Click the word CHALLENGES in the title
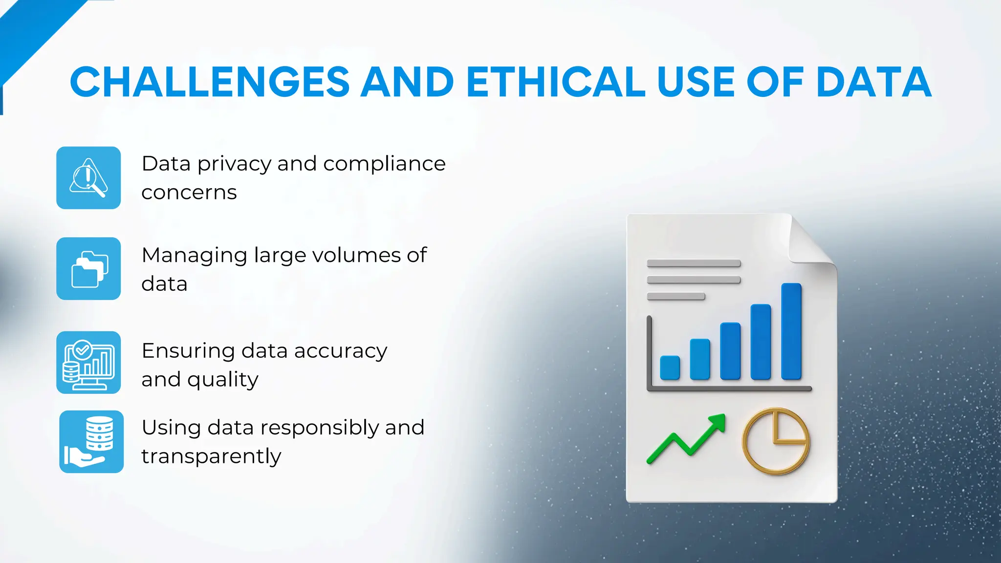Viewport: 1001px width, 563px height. tap(210, 82)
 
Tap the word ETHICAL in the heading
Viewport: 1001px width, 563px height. tap(556, 82)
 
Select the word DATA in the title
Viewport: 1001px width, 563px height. tap(873, 82)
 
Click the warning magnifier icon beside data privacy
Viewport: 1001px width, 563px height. tap(88, 178)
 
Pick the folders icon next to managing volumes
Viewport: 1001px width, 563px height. tap(88, 269)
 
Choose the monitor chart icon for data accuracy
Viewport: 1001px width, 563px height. tap(88, 363)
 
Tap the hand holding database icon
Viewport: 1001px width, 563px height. tap(91, 442)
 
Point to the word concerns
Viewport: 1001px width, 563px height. tap(189, 193)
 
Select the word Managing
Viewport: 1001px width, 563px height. tap(194, 256)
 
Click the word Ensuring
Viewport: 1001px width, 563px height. tap(188, 351)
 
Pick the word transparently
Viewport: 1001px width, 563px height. tap(211, 456)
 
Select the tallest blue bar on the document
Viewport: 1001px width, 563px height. tap(791, 331)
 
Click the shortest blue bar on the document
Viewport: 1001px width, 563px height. tap(670, 368)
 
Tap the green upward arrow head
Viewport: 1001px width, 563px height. tap(718, 422)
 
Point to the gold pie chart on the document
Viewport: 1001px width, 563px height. tap(776, 441)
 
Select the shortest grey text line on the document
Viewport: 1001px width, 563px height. tap(675, 296)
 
